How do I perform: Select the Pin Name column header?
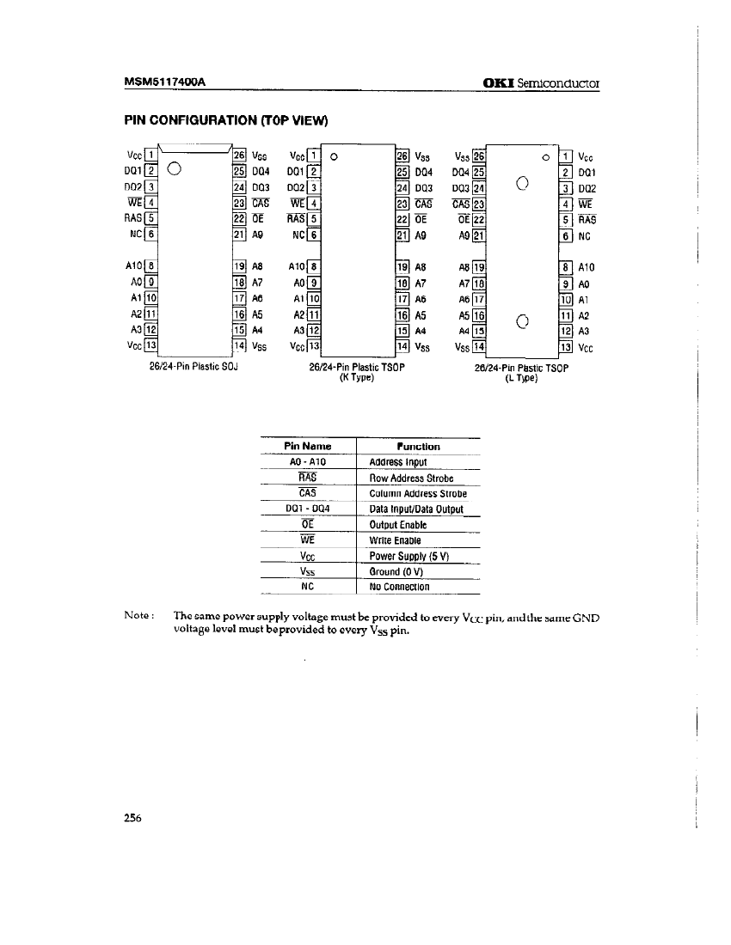[x=307, y=446]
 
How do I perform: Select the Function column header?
[x=418, y=446]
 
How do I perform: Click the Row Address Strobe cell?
[x=411, y=478]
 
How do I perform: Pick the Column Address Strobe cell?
[x=417, y=493]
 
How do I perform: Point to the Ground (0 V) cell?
[x=396, y=571]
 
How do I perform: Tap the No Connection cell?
[x=399, y=587]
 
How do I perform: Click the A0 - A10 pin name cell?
[x=307, y=461]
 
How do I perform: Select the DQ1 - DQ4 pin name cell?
[x=307, y=509]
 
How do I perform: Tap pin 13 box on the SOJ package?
[x=150, y=346]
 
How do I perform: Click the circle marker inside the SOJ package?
[x=174, y=168]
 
